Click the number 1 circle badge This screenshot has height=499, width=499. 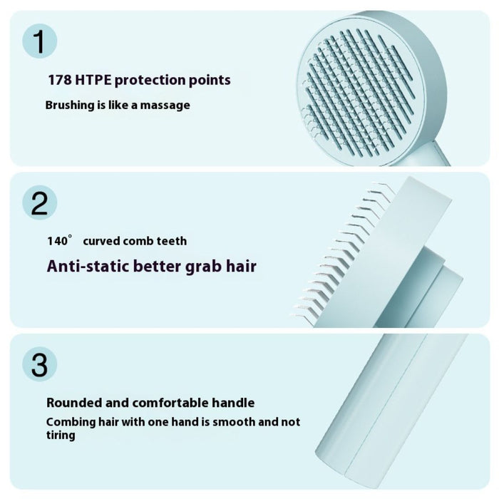coord(40,41)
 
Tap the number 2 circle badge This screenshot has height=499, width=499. coord(40,203)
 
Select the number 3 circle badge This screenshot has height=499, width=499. coord(40,365)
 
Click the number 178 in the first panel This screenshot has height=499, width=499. coord(59,80)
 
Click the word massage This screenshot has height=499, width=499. coord(166,106)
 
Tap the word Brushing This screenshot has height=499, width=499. coord(70,106)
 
